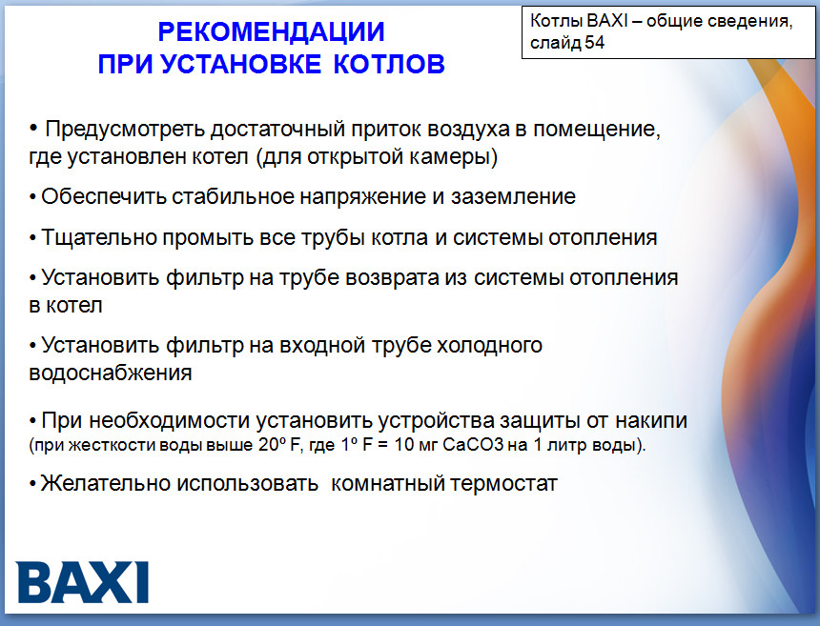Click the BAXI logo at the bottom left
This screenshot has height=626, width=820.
coord(83,581)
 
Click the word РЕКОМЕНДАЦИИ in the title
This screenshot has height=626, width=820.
coord(272,32)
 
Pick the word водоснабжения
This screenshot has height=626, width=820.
coord(111,373)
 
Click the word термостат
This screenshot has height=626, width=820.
coord(501,483)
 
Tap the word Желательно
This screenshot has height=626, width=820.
coord(105,483)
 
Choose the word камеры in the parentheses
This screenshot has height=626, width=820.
coord(456,155)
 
